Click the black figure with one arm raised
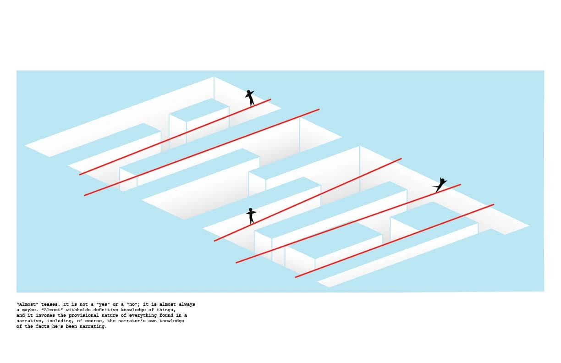(x=250, y=98)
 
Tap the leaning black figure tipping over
(x=440, y=185)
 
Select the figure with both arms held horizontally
(x=251, y=216)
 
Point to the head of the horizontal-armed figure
(x=251, y=209)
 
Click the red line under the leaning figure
(x=348, y=224)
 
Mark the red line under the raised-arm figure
(x=175, y=137)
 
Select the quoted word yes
(x=103, y=304)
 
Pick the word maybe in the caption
(x=29, y=310)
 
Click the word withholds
(x=78, y=310)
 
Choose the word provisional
(x=82, y=315)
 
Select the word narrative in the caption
(x=29, y=321)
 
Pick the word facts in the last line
(x=43, y=326)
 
